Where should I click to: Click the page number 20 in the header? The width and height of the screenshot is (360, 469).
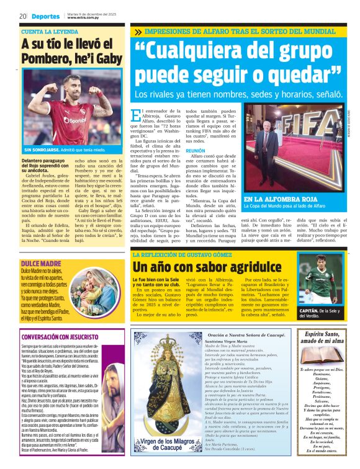[22, 16]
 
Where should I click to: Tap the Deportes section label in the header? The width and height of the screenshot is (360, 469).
[46, 16]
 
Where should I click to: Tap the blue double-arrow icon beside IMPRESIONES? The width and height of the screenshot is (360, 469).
[137, 31]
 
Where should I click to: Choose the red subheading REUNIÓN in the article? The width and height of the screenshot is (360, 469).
[196, 151]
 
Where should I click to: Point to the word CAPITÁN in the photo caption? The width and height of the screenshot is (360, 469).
[311, 309]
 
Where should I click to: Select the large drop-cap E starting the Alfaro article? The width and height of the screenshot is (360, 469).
[138, 115]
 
